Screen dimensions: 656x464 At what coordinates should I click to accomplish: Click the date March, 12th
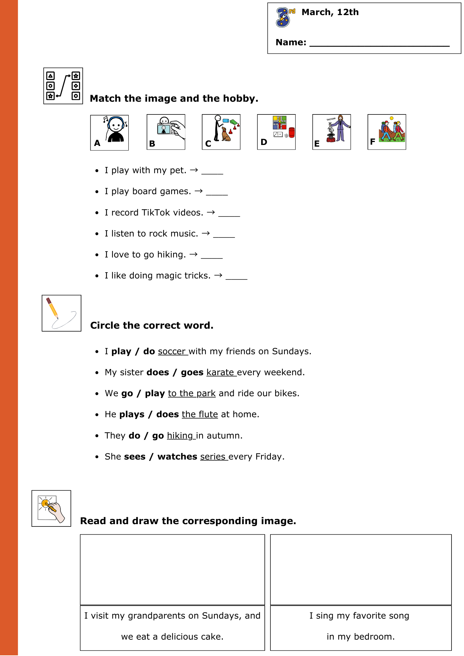330,12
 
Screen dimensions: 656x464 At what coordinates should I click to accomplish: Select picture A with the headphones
110,133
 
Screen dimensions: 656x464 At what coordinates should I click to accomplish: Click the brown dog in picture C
226,134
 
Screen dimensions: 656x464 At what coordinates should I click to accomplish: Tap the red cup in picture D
292,132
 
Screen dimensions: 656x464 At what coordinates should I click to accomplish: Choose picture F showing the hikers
387,132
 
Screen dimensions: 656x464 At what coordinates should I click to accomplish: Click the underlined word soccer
172,351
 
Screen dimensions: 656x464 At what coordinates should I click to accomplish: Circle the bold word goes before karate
192,372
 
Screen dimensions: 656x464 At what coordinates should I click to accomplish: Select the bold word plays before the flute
132,414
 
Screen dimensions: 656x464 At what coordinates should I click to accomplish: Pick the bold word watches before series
177,457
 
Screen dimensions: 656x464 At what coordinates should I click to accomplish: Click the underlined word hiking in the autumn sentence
180,436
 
